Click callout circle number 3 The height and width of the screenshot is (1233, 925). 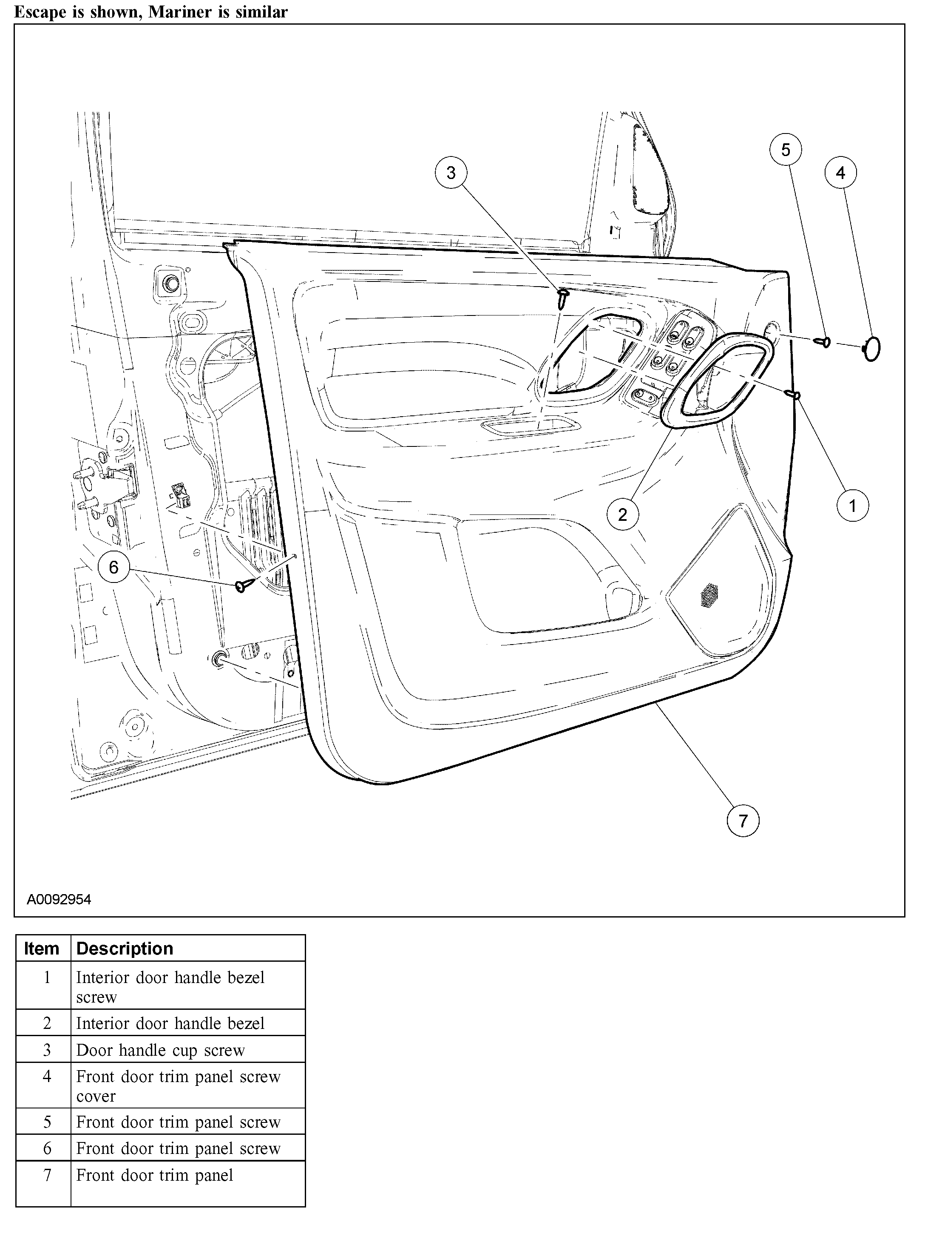click(x=450, y=173)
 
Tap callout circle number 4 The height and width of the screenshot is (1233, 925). click(x=840, y=173)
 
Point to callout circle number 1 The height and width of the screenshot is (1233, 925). click(x=852, y=506)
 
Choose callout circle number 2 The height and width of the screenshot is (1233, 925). click(x=622, y=514)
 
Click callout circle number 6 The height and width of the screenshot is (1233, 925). click(x=113, y=568)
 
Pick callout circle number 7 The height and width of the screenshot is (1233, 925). click(x=743, y=821)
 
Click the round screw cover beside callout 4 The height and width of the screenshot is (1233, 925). click(x=873, y=349)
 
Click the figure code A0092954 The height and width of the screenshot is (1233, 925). click(x=59, y=900)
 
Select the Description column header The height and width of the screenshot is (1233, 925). click(x=125, y=948)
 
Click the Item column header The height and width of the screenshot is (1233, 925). click(x=42, y=948)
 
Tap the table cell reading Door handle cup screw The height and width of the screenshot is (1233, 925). click(x=161, y=1050)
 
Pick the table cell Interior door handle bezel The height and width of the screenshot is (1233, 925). click(x=170, y=1023)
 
